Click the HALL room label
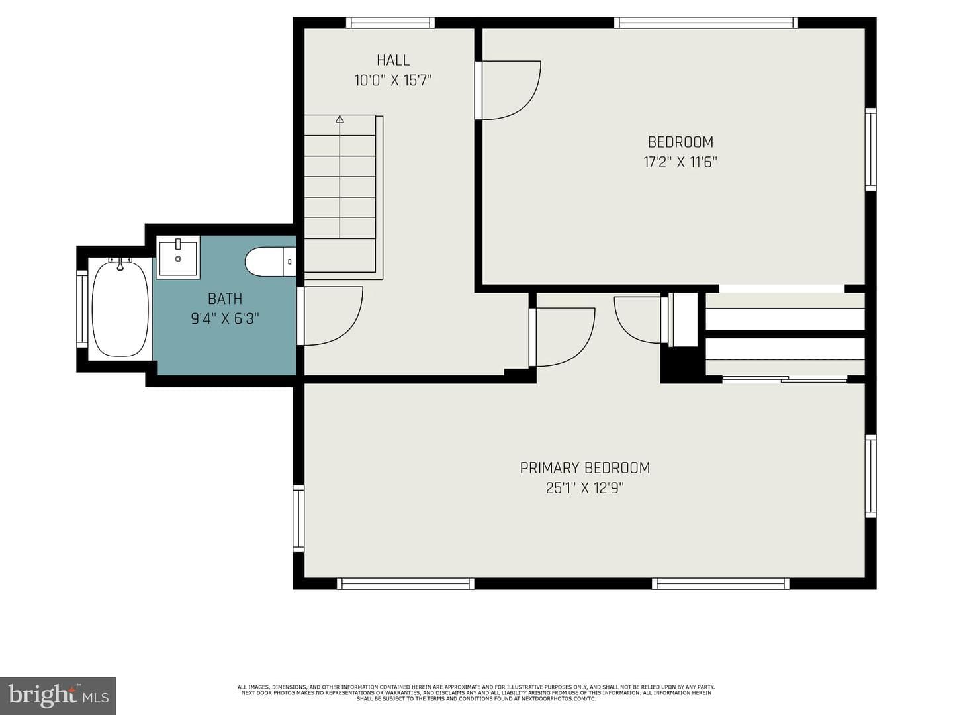(393, 60)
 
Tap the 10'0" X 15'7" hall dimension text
(393, 81)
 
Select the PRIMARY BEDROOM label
(585, 468)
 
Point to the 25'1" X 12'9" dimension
(585, 489)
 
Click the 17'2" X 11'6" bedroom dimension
(680, 162)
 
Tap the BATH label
(225, 299)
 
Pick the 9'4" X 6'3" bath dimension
(225, 319)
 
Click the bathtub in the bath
(120, 309)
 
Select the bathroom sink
(178, 258)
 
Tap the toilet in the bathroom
(271, 262)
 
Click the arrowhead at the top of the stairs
(340, 119)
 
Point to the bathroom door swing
(333, 316)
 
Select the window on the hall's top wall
(390, 23)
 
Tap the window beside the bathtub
(82, 309)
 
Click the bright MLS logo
(58, 695)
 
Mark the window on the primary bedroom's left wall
(298, 518)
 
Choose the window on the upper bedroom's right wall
(870, 150)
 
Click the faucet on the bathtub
(120, 263)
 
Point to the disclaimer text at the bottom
(476, 693)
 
